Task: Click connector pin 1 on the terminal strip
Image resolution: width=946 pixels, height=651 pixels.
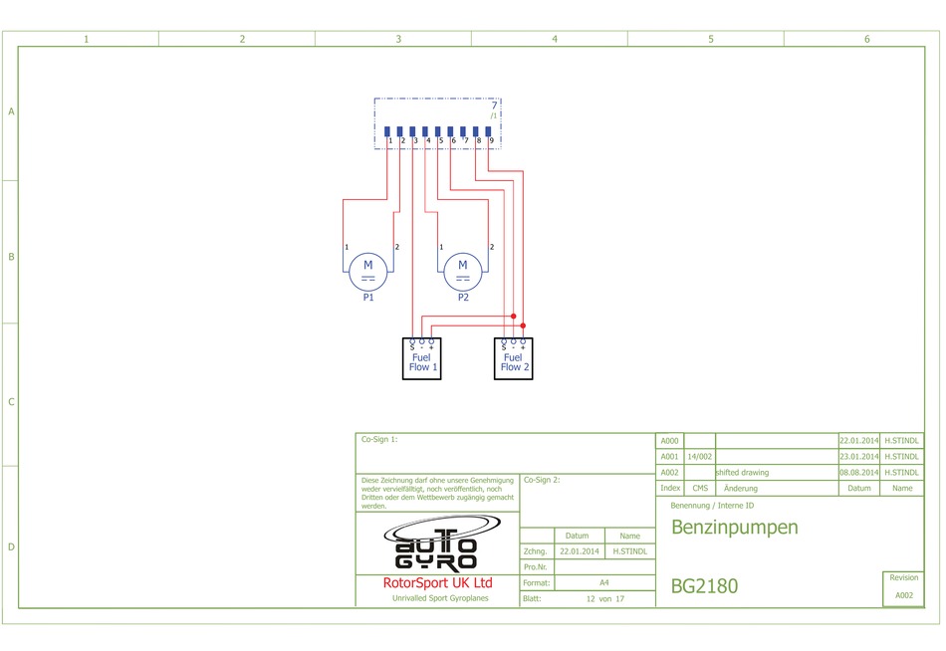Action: [x=386, y=131]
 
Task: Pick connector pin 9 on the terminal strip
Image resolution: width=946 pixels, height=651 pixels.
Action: [x=488, y=131]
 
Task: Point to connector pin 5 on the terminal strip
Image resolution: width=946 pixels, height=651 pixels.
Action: [x=437, y=131]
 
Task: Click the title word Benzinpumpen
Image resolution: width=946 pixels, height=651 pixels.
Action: [x=734, y=528]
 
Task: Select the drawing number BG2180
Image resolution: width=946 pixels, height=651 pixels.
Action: [x=704, y=586]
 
